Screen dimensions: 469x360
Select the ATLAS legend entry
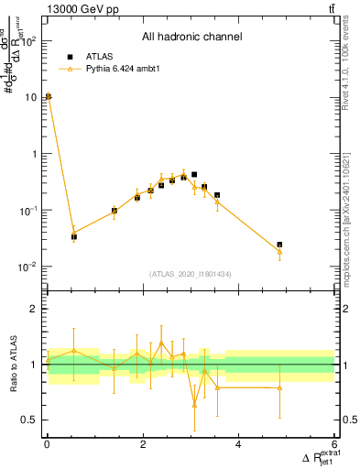(x=99, y=55)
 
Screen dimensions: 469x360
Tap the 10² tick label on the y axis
(x=27, y=41)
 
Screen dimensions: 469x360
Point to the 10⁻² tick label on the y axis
(x=27, y=267)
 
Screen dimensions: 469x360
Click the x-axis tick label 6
(x=334, y=445)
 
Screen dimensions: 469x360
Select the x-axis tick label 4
(x=238, y=445)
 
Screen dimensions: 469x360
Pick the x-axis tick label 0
(x=47, y=445)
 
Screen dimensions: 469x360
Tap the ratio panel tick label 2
(x=33, y=309)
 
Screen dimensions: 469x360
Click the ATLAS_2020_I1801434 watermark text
(x=191, y=274)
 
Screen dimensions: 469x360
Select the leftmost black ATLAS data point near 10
(x=48, y=96)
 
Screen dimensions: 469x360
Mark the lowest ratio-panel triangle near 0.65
(x=194, y=404)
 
